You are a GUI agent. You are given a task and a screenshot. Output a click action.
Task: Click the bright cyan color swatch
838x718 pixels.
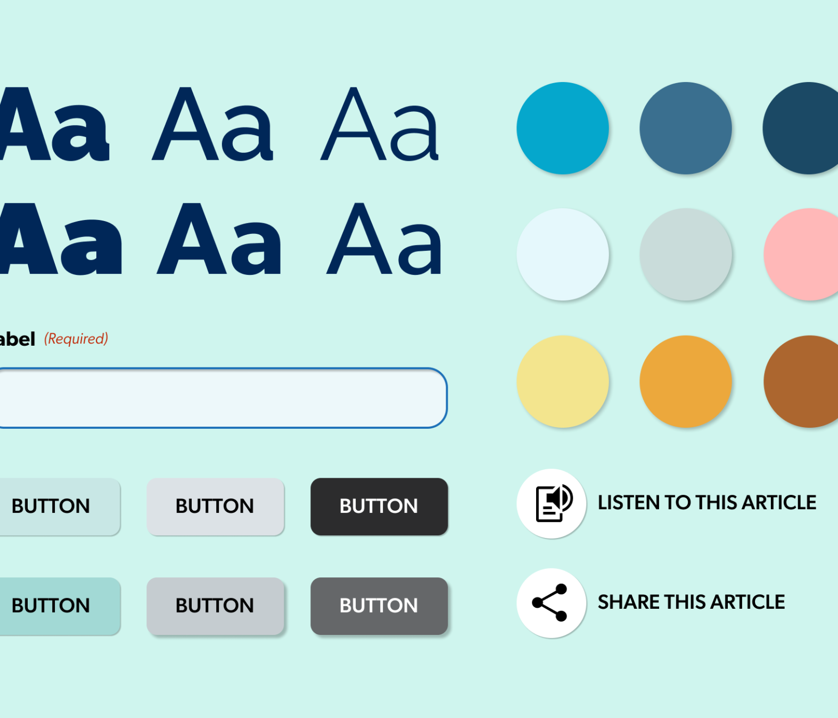pos(563,128)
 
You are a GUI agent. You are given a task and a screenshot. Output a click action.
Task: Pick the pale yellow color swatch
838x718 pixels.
pos(563,381)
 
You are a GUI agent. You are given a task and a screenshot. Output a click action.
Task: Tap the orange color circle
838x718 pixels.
pos(686,381)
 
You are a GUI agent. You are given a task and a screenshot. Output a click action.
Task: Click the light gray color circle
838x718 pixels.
pos(686,255)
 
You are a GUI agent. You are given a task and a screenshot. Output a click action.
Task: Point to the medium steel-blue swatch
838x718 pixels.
pos(686,128)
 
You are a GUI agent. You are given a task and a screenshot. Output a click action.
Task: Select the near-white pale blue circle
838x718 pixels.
pos(563,255)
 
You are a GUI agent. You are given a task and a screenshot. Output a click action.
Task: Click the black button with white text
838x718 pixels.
pos(379,506)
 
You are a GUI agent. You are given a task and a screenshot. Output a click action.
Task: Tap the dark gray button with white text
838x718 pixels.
pos(379,606)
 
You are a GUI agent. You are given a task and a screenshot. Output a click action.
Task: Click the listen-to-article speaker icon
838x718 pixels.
pos(554,503)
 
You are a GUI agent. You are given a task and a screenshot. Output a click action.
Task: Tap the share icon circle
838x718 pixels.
pos(552,603)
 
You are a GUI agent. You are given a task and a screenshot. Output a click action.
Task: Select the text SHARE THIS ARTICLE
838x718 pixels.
pos(691,602)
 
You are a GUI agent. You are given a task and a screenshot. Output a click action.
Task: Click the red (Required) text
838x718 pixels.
pos(76,339)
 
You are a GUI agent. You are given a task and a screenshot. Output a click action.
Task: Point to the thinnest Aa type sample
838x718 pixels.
pos(380,124)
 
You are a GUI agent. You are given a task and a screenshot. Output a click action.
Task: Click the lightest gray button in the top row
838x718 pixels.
pos(215,506)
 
